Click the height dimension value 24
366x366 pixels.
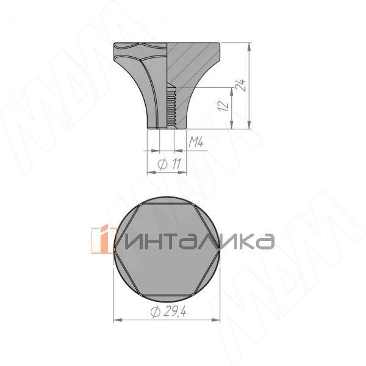pos(243,85)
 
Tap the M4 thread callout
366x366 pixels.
pos(195,143)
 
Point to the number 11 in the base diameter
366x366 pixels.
pos(174,164)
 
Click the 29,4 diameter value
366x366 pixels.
pos(176,312)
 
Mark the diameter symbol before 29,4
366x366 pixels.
pos(155,312)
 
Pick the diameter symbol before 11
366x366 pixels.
pos(163,164)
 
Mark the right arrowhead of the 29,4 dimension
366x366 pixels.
pos(217,319)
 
